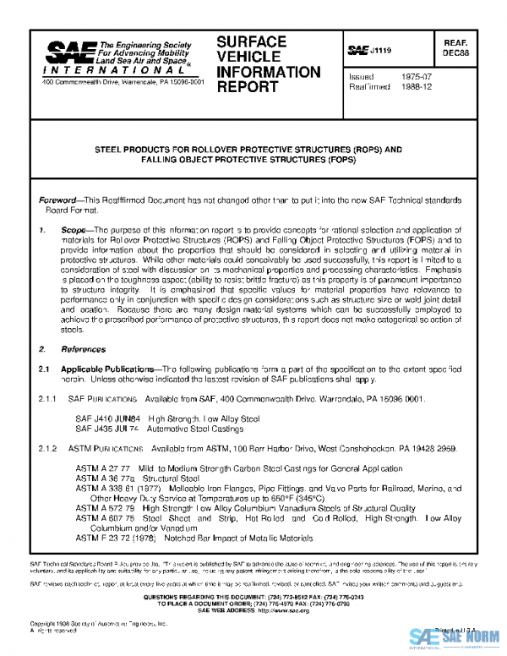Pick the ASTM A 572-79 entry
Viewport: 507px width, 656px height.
[105, 508]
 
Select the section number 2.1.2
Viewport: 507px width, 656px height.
[50, 448]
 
